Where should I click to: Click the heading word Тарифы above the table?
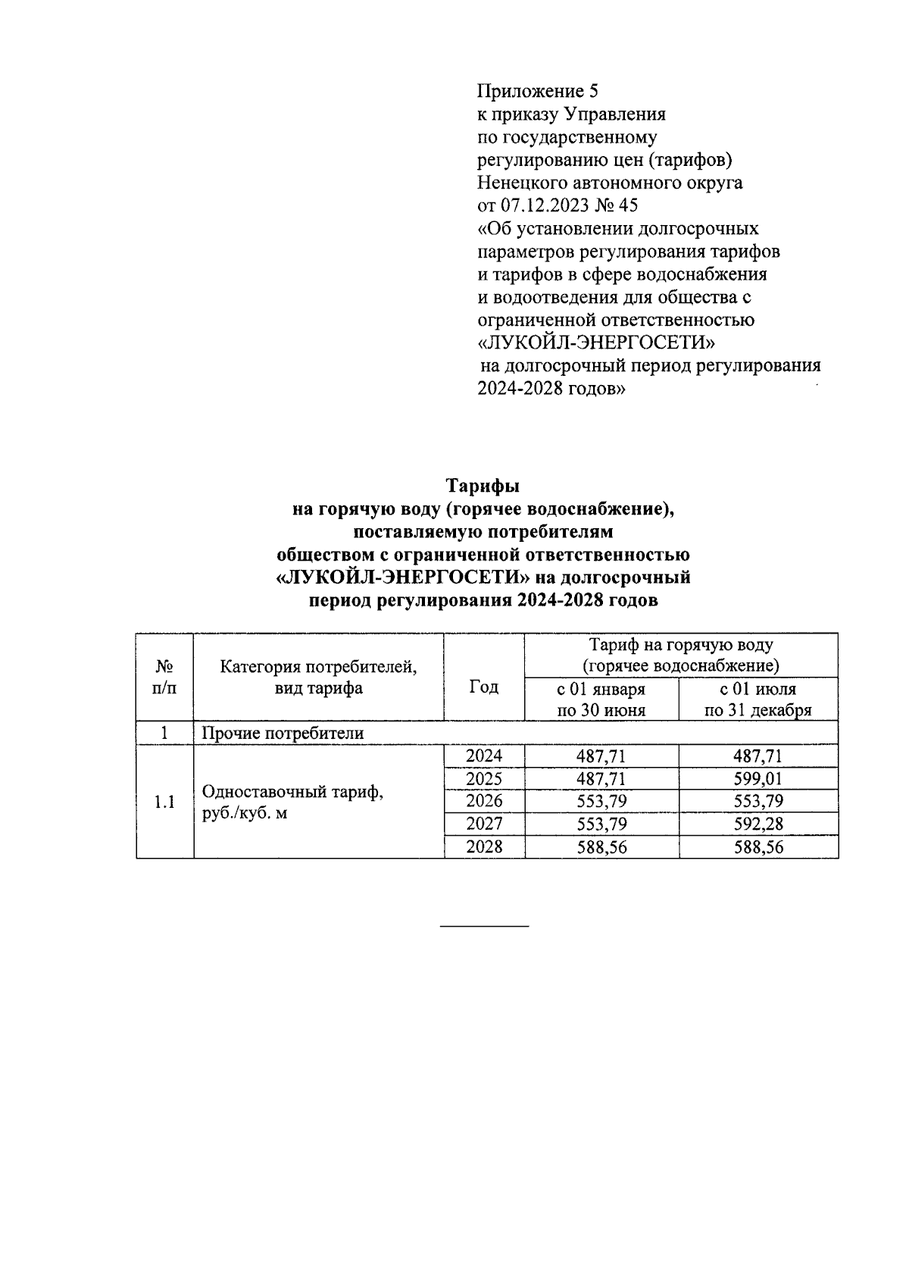pos(483,486)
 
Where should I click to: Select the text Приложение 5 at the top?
pos(537,92)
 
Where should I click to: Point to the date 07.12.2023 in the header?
pos(542,205)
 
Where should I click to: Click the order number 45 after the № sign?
pos(628,205)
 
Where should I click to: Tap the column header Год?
pos(484,687)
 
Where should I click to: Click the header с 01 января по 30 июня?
pos(601,699)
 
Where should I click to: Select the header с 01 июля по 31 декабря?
pos(757,699)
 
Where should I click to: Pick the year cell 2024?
pos(484,756)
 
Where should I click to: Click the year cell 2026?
pos(484,801)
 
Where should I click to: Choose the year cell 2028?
pos(484,847)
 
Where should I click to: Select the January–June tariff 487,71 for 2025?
pos(601,778)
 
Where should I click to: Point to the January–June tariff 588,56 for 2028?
pos(601,847)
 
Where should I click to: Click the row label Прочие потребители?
pos(282,733)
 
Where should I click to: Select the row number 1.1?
pos(164,802)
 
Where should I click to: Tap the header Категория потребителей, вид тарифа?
pos(318,677)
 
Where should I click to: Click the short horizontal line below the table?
pos(484,926)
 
